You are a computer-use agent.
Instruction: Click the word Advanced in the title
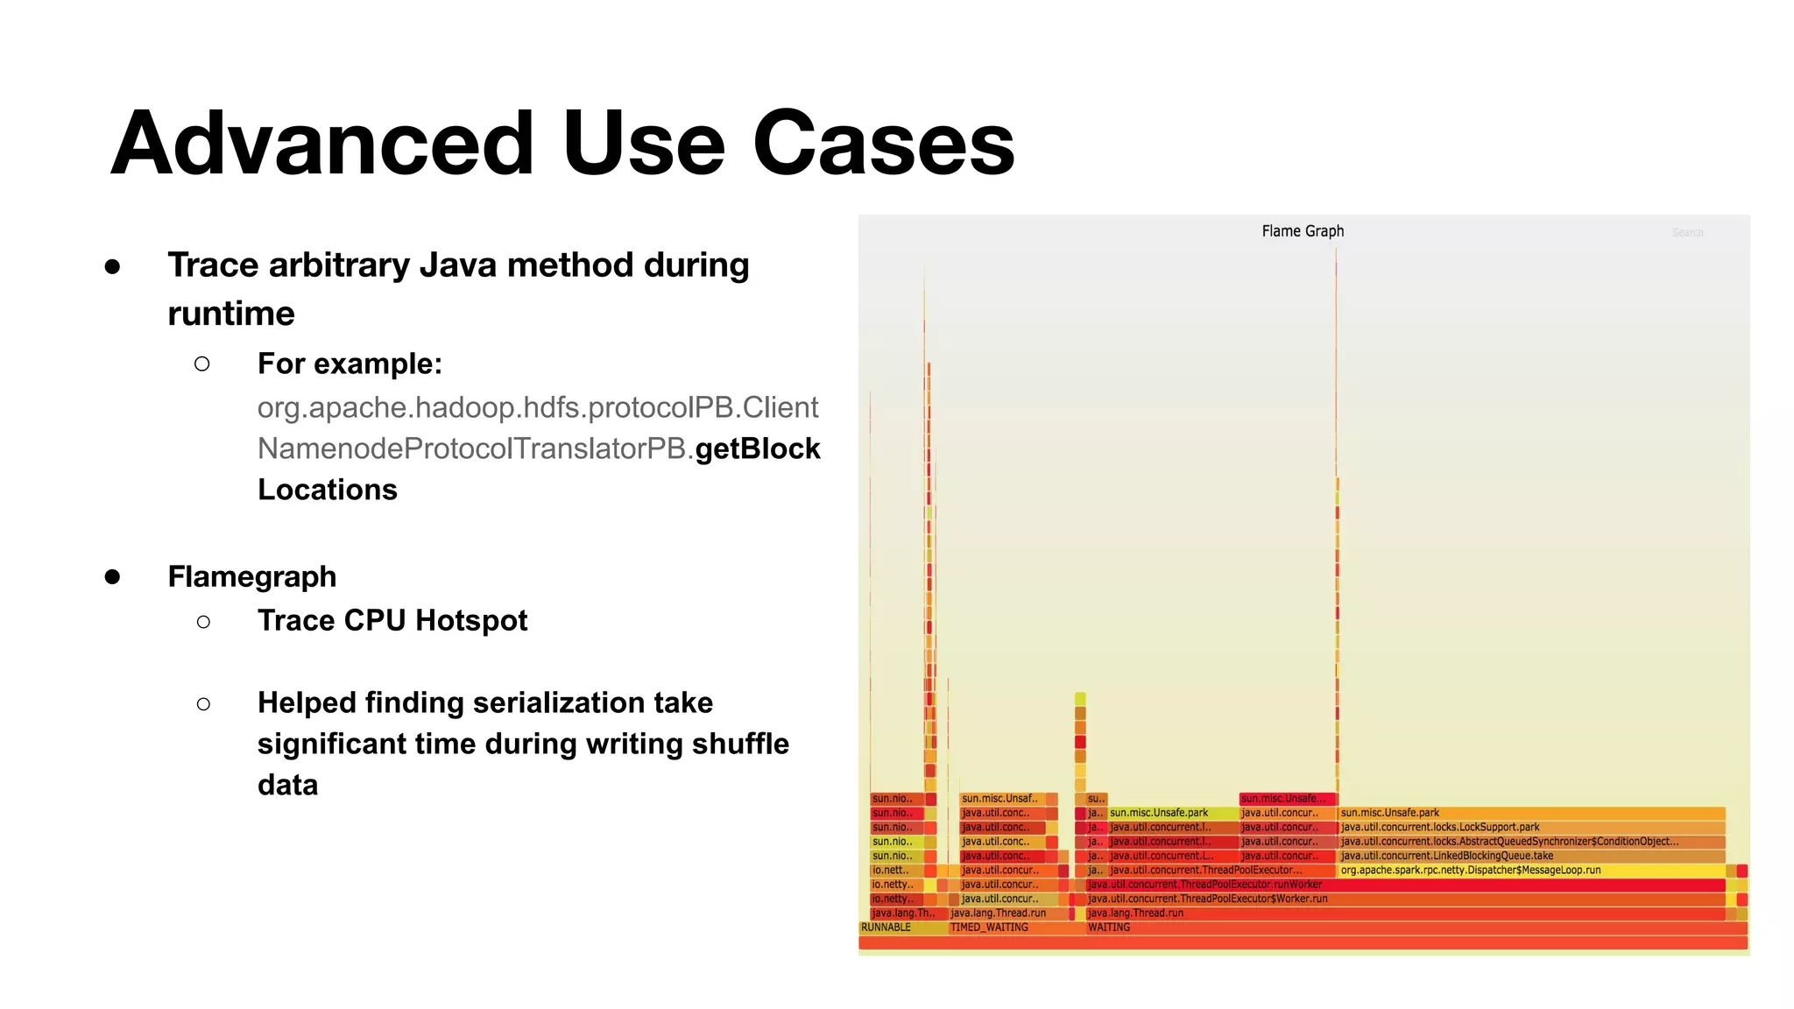(x=321, y=143)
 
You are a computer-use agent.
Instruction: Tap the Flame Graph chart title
(x=1303, y=231)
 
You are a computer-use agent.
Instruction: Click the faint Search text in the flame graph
(x=1687, y=233)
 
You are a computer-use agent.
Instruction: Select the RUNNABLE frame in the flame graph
(x=886, y=928)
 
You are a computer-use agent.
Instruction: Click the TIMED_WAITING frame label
(x=989, y=928)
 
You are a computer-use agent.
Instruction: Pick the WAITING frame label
(x=1109, y=928)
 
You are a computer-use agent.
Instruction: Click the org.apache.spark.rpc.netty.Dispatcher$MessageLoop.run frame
(x=1470, y=871)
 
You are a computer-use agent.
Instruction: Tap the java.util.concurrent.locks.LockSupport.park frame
(x=1439, y=827)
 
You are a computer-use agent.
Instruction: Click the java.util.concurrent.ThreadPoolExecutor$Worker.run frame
(x=1207, y=899)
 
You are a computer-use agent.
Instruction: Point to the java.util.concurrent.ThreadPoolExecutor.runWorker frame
(x=1204, y=885)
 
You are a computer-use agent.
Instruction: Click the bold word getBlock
(x=758, y=448)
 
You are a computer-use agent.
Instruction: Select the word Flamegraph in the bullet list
(x=252, y=576)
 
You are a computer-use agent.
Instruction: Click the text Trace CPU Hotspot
(x=392, y=620)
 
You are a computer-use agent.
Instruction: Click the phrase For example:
(x=350, y=363)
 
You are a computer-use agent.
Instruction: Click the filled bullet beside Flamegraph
(x=112, y=576)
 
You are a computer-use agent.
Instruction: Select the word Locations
(x=328, y=490)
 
